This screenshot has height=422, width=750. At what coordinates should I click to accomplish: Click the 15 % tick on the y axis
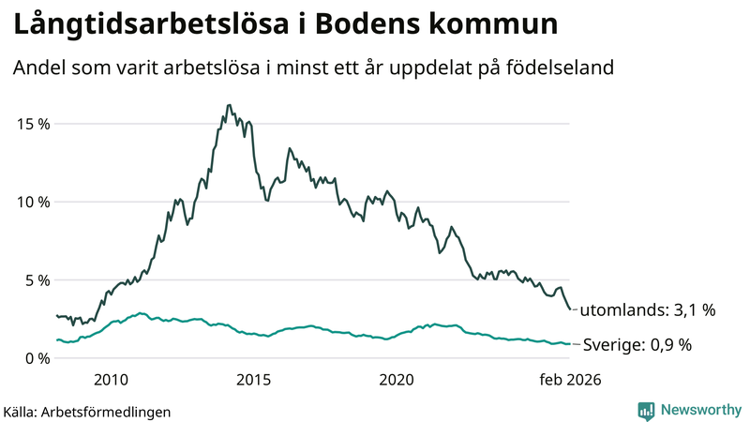tap(31, 124)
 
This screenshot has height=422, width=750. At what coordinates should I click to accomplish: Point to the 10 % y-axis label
tap(31, 202)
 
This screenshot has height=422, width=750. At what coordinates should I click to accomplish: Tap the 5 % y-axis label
tap(36, 279)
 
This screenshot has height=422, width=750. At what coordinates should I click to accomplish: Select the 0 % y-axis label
tap(36, 357)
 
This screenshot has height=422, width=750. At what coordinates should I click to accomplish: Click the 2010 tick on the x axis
tap(111, 379)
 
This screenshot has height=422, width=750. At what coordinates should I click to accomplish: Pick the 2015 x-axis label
tap(253, 379)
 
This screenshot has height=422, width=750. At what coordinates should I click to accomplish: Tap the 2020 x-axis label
tap(396, 379)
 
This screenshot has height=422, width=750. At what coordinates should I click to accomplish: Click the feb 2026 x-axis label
tap(568, 379)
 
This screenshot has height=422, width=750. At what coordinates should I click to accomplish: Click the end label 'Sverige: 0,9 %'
tap(637, 344)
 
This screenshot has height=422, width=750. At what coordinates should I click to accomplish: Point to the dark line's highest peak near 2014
tap(229, 105)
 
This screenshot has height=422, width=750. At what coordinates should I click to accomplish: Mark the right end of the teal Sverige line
tap(569, 344)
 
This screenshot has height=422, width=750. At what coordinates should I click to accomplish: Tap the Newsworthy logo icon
tap(646, 410)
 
